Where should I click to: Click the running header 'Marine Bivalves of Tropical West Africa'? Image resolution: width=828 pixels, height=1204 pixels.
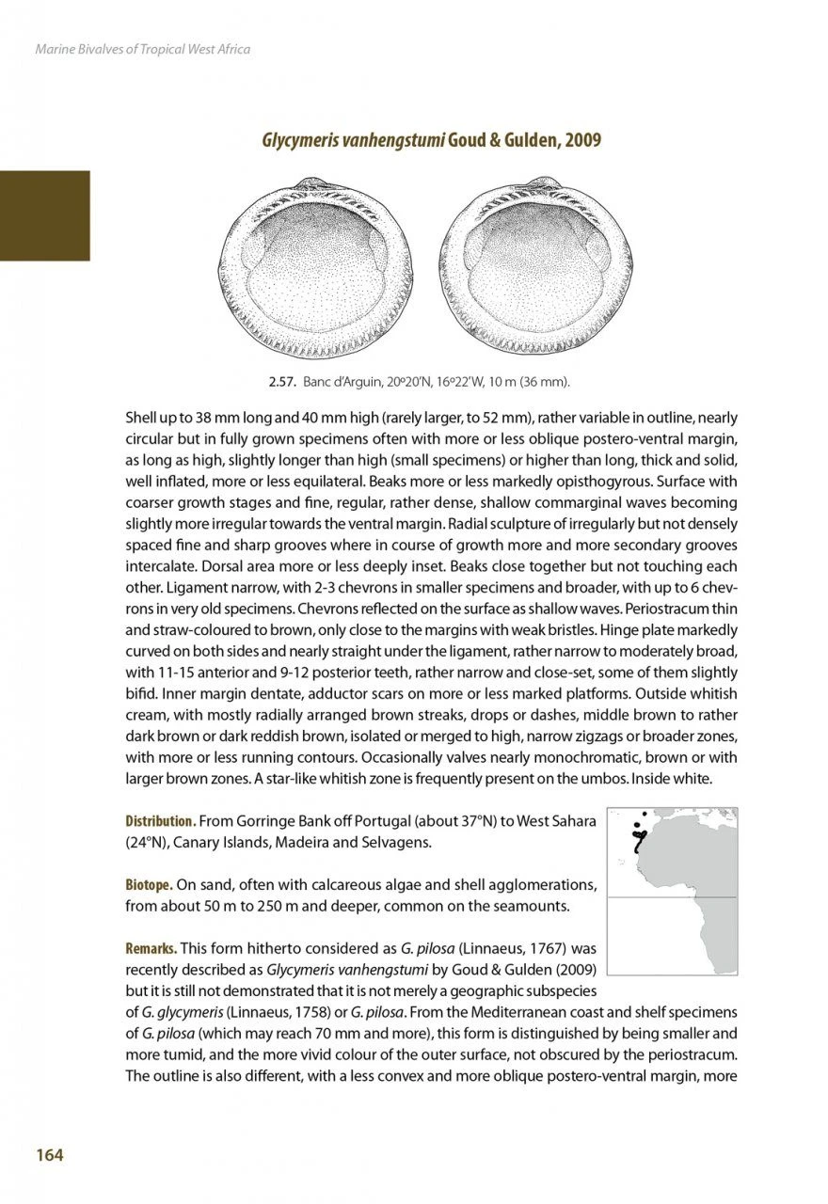pyautogui.click(x=142, y=49)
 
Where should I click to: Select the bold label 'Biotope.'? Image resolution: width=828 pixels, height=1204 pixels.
pyautogui.click(x=149, y=885)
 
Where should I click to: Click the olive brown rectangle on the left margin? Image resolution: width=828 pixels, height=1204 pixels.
pyautogui.click(x=44, y=215)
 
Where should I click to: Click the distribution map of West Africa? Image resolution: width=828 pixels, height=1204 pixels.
pyautogui.click(x=672, y=891)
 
